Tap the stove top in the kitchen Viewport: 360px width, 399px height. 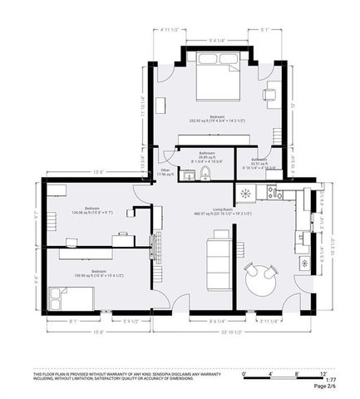[x=246, y=193]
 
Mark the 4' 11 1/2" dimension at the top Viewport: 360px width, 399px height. [x=166, y=31]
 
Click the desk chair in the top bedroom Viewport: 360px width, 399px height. [x=269, y=93]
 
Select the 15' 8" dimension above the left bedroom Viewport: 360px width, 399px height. [x=97, y=172]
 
